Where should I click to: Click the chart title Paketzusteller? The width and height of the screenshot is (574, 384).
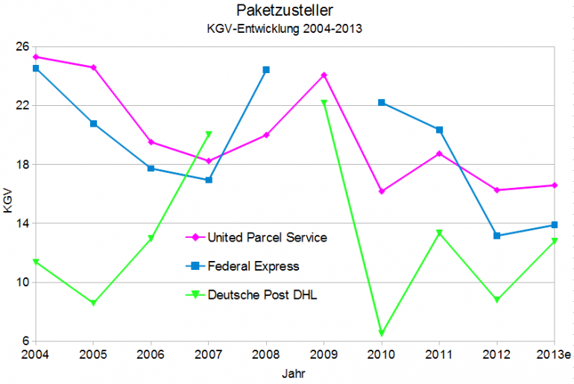[x=287, y=10]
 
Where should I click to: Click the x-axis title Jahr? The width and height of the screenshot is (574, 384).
[x=293, y=371]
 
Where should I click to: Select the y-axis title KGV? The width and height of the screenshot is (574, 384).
[x=8, y=201]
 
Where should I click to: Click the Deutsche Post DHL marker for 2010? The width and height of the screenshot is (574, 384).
[x=382, y=333]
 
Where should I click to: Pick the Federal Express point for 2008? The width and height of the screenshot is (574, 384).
[x=266, y=69]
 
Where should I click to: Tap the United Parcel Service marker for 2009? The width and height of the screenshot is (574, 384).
[x=324, y=75]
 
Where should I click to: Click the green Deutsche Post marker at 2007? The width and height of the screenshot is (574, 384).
[x=209, y=134]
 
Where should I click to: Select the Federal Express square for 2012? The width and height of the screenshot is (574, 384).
[x=497, y=236]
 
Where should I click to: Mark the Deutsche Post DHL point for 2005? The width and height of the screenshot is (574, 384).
[x=93, y=303]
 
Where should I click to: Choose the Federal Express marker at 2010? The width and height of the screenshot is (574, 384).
[x=382, y=102]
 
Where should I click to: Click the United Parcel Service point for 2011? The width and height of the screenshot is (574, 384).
[x=439, y=154]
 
